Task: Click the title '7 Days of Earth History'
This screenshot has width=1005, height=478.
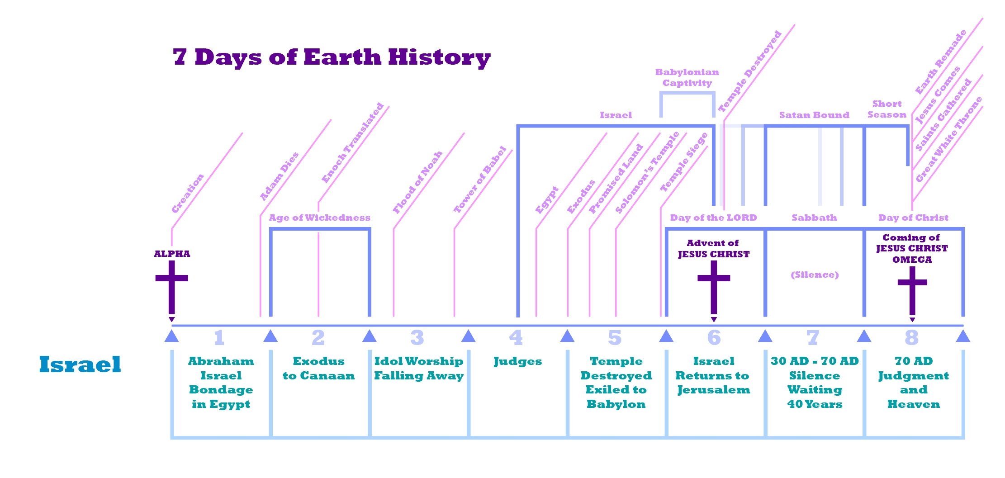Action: click(332, 57)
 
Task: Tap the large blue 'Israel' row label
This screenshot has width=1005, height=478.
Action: click(80, 364)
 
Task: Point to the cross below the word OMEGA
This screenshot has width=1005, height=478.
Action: click(912, 290)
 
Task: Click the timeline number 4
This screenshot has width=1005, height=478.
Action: click(516, 337)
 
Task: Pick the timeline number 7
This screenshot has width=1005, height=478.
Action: click(813, 337)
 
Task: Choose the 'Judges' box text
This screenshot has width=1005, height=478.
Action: click(518, 361)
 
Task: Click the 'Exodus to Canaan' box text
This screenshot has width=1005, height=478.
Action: click(319, 368)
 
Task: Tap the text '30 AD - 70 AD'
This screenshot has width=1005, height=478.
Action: click(815, 361)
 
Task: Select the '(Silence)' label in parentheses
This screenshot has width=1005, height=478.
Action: click(815, 274)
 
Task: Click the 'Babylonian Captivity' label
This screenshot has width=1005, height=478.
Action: click(687, 77)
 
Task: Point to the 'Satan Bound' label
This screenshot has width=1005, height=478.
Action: click(814, 115)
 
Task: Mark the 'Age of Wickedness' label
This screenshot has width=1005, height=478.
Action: click(320, 218)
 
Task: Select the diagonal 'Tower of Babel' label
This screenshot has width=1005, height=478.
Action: click(480, 179)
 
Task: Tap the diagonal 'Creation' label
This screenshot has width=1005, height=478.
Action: click(188, 193)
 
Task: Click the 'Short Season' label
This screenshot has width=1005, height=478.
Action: click(887, 109)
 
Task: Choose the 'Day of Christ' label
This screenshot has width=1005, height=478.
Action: click(914, 218)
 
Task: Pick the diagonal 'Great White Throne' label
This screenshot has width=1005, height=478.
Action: click(949, 139)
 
